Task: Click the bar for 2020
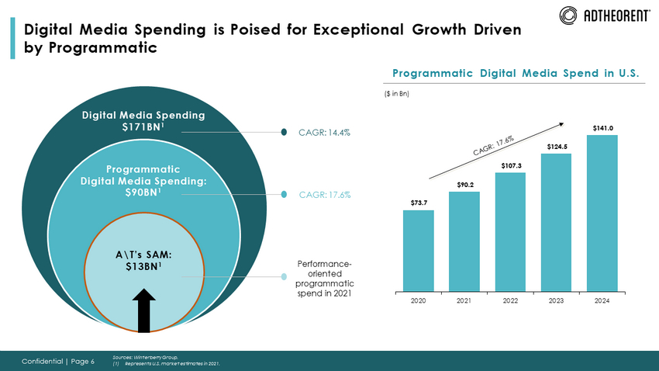[418, 249]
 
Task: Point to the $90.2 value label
[464, 184]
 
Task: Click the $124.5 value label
[556, 146]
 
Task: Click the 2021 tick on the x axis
[464, 300]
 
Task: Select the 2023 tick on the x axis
[556, 300]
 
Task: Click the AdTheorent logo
[605, 15]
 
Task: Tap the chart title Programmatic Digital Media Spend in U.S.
[516, 74]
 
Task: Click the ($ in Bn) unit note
[397, 95]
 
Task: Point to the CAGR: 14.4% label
[324, 133]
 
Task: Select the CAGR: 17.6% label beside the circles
[324, 194]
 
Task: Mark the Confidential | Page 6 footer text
[58, 361]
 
